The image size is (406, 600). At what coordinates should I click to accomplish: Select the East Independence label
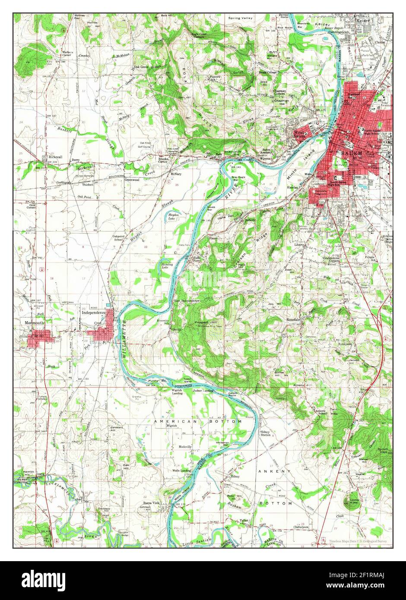(x=187, y=300)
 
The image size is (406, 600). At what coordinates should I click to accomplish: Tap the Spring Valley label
(x=241, y=19)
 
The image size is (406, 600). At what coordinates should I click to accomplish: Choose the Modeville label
(x=185, y=446)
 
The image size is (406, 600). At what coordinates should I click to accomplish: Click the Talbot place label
(x=244, y=521)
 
